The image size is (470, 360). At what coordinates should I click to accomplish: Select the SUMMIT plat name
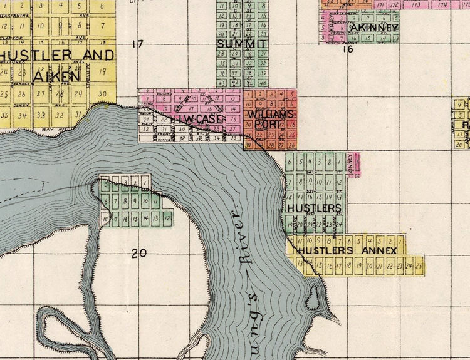[x=241, y=44]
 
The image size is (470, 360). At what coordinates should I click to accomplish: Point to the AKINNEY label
[x=373, y=28]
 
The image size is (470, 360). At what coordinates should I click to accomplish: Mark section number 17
[x=138, y=44]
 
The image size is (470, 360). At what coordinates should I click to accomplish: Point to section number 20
[x=138, y=253]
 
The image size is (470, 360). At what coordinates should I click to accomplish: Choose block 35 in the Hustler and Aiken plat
[x=6, y=115]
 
